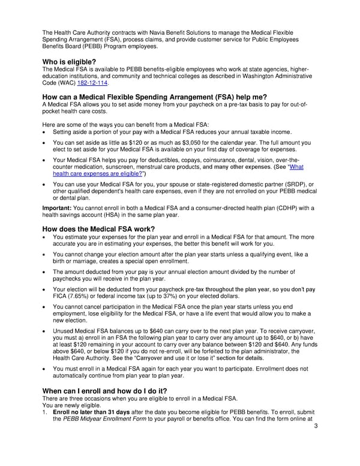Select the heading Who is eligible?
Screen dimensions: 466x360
(69, 62)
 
